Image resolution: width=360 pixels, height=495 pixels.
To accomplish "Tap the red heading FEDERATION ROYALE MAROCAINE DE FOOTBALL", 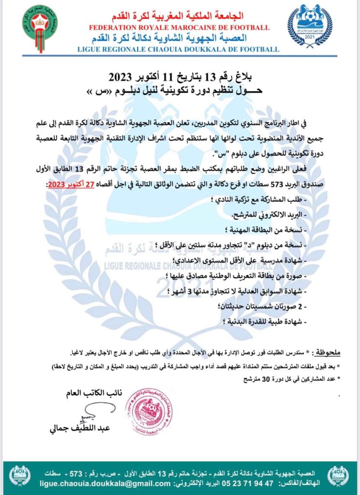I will tap(179, 28).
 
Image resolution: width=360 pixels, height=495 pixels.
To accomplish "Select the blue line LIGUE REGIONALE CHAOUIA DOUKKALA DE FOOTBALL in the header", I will tap(179, 49).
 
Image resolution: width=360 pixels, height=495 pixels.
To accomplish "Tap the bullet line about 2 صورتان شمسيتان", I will tap(265, 306).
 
